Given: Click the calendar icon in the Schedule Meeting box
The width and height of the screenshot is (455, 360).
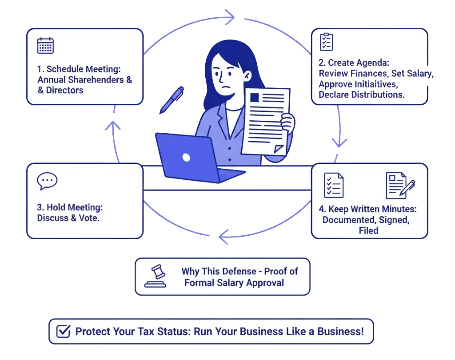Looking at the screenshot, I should (45, 46).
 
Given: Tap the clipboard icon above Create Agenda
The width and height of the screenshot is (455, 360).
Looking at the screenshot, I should (327, 42).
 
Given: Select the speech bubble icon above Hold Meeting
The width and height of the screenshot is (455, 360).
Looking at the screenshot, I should (47, 180).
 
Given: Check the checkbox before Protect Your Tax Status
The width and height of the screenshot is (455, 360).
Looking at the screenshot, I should (64, 331).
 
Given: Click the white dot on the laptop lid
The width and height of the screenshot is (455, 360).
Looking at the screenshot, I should (186, 157).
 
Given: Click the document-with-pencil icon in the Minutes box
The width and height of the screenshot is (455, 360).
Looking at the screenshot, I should (400, 185).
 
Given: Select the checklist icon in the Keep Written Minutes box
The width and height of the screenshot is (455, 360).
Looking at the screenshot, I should (334, 185).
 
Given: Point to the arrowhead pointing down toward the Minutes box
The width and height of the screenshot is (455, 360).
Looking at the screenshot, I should (340, 143).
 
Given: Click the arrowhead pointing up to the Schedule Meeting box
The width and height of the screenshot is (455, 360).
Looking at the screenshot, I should (114, 127).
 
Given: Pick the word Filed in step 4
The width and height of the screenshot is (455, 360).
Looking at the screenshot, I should (368, 230).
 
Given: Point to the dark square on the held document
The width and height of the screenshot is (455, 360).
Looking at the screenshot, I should (255, 97).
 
